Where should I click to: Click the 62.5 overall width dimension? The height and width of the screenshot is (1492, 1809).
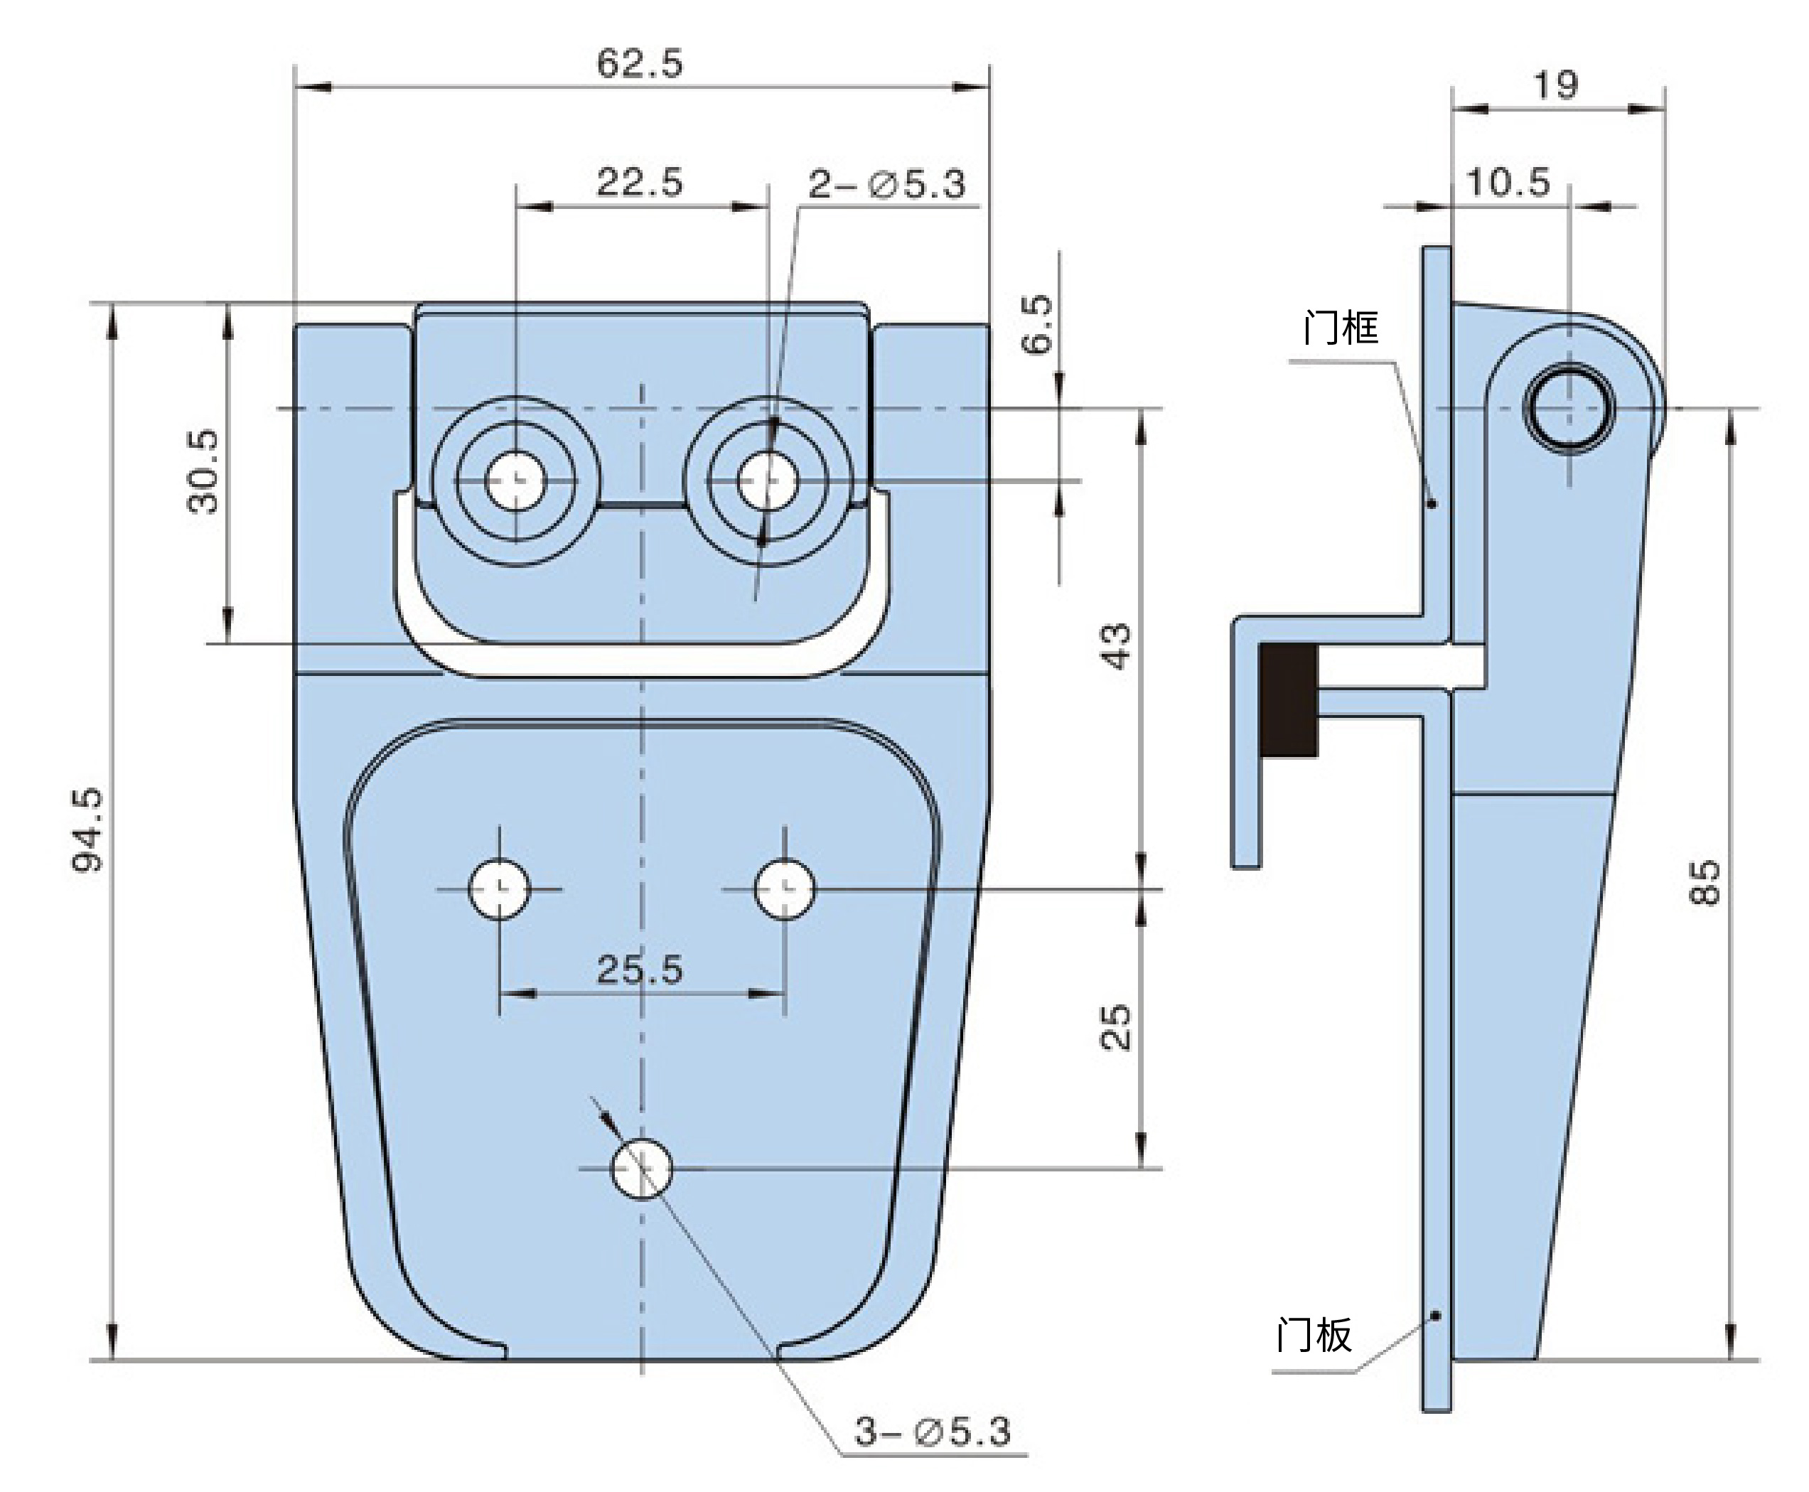(640, 63)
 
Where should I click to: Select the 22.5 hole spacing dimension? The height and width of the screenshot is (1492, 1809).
(640, 182)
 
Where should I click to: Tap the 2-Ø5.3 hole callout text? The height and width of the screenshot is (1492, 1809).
(887, 184)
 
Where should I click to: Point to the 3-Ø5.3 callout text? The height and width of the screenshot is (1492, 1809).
(933, 1431)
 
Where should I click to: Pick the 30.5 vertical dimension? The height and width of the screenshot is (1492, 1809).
(204, 472)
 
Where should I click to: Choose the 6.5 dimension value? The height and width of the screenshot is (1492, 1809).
(1037, 325)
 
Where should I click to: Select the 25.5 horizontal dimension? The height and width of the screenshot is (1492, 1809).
(640, 970)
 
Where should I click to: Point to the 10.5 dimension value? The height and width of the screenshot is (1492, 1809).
(1508, 182)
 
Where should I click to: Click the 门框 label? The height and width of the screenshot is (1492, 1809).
(1341, 328)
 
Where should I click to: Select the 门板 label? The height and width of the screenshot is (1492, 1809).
(1314, 1335)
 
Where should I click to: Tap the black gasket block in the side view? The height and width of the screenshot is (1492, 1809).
(1288, 700)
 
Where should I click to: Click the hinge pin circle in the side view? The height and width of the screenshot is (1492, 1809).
(1569, 408)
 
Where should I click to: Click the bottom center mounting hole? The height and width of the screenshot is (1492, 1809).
(641, 1169)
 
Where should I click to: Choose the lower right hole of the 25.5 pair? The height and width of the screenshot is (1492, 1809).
(785, 889)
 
